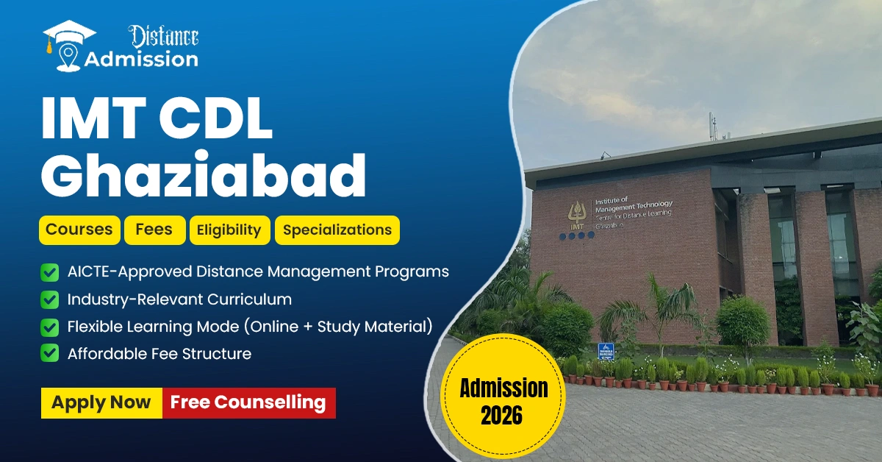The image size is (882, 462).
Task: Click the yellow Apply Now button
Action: pos(101,402)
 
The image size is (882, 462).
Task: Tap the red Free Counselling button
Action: pos(248,402)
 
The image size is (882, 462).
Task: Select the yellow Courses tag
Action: pos(79,230)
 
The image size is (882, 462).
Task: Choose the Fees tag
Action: pos(154,230)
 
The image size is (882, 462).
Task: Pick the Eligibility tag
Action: pos(229,230)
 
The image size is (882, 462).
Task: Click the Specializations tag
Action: pos(337,230)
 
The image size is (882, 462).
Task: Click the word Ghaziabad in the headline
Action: pos(204,175)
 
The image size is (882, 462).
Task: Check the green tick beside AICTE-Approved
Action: pos(50,272)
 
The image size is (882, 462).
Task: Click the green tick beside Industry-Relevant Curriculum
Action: pos(50,299)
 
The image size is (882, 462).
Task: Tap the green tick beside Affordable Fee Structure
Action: pos(50,354)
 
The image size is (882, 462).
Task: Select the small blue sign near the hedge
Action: pos(606,350)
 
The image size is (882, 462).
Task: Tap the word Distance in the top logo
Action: pos(163,35)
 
